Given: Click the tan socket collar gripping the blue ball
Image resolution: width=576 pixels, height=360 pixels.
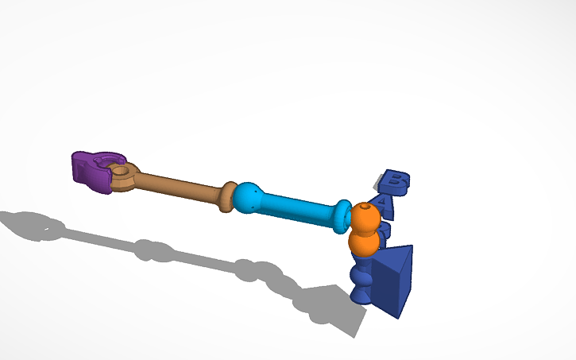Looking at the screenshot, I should (x=228, y=196).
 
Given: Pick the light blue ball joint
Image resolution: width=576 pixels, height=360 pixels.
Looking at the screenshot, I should (x=249, y=198).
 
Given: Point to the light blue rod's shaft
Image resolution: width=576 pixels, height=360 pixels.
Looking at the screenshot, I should (x=298, y=209).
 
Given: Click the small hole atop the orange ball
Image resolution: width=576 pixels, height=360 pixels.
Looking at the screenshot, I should (x=364, y=207).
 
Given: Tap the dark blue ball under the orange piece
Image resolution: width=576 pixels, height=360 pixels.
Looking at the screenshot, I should (x=363, y=276).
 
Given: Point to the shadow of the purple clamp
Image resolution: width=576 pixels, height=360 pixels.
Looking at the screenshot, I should (x=32, y=225).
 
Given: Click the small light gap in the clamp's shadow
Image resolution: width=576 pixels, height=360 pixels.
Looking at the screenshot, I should (x=46, y=231).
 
